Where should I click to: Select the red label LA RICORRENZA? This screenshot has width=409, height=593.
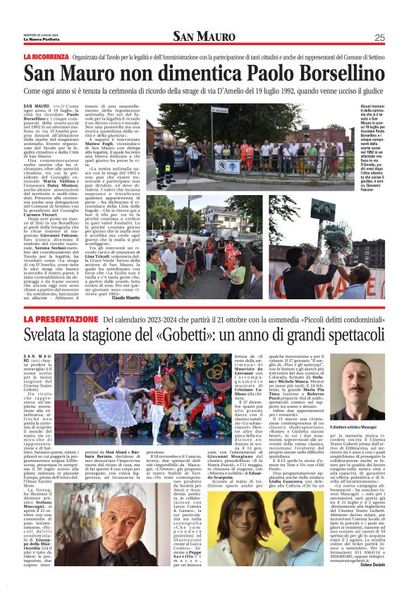click(x=45, y=56)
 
